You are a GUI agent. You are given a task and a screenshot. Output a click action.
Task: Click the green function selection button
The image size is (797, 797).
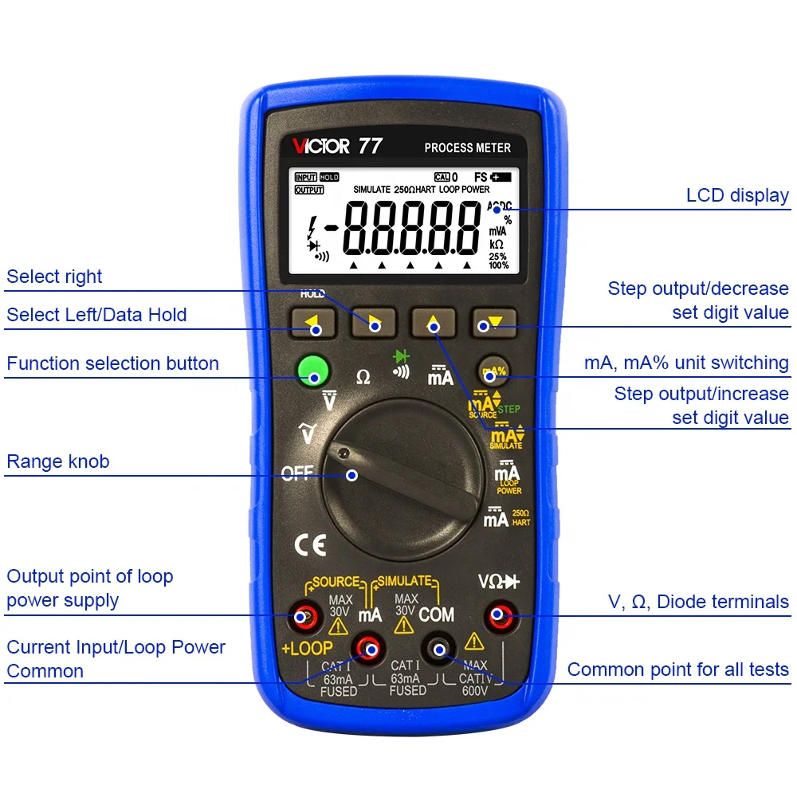tap(313, 372)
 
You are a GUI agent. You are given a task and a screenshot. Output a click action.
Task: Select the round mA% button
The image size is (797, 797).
tap(494, 371)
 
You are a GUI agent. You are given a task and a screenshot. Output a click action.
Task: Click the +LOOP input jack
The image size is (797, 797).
tap(303, 616)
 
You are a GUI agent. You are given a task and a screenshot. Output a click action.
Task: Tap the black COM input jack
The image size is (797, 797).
tap(438, 650)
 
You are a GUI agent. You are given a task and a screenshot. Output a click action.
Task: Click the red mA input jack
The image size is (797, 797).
tap(368, 650)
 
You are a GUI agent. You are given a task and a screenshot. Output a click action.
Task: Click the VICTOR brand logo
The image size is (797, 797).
tap(320, 147)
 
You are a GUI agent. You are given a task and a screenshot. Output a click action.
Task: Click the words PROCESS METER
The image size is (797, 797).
tap(467, 147)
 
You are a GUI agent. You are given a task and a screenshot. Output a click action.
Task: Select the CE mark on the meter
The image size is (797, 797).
tap(310, 545)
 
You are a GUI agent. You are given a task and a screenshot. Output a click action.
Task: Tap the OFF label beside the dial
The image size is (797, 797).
tap(297, 473)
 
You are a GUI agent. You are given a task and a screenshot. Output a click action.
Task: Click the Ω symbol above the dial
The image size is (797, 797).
tap(363, 377)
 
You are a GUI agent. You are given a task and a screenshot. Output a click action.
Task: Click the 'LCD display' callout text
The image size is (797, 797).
tap(736, 196)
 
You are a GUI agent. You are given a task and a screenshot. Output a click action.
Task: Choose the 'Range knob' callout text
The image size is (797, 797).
tap(57, 461)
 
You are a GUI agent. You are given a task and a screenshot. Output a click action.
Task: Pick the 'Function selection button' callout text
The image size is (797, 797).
tap(112, 363)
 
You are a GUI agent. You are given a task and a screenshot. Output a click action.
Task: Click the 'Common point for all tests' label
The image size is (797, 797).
tap(677, 669)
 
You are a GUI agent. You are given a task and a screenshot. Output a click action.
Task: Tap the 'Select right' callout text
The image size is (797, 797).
tap(54, 277)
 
